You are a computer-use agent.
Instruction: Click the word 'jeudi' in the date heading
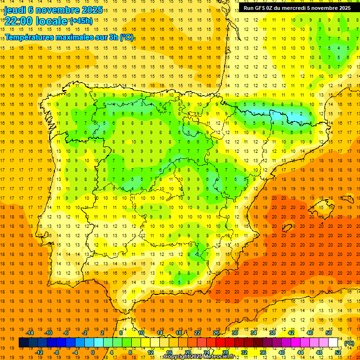[15, 9]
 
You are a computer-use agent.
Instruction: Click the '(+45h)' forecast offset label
[81, 21]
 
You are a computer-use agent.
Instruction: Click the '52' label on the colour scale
[338, 352]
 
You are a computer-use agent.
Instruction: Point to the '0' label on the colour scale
[93, 352]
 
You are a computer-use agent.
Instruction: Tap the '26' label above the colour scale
[216, 333]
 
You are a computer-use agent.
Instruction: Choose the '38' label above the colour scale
[272, 333]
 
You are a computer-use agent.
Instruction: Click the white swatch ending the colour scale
[333, 343]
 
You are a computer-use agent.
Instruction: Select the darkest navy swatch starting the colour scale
[23, 343]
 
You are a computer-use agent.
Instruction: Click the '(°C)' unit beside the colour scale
[349, 343]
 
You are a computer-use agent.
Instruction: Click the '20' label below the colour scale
[187, 352]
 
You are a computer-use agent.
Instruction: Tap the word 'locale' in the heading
[51, 21]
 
